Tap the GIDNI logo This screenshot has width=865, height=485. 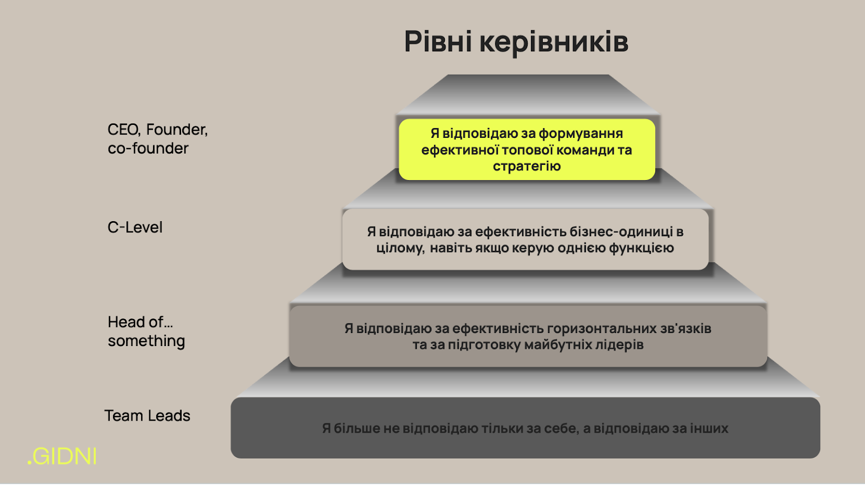[62, 456]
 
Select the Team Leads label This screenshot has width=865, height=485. [147, 415]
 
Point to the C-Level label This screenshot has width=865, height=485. [135, 227]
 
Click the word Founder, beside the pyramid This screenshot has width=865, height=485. [177, 130]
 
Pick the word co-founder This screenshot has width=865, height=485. [148, 148]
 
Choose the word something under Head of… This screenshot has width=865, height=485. [147, 341]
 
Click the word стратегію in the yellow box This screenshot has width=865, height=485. [527, 166]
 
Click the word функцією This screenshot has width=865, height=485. [641, 248]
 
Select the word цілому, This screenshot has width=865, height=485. [401, 248]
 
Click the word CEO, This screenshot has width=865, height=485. [124, 130]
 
